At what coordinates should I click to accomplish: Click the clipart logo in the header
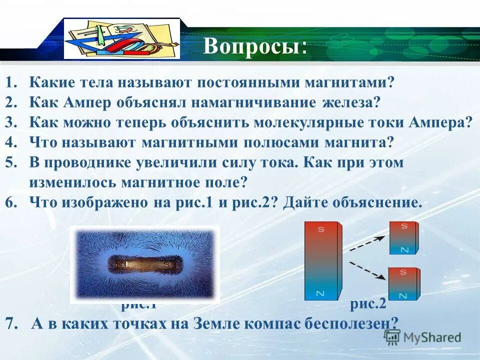(122, 38)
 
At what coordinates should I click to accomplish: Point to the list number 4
(11, 142)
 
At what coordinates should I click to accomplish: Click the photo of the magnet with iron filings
(144, 264)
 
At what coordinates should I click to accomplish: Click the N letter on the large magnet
(320, 293)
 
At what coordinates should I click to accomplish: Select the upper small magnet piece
(404, 237)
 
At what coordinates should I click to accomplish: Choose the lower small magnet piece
(404, 284)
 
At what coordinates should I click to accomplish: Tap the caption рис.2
(367, 303)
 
